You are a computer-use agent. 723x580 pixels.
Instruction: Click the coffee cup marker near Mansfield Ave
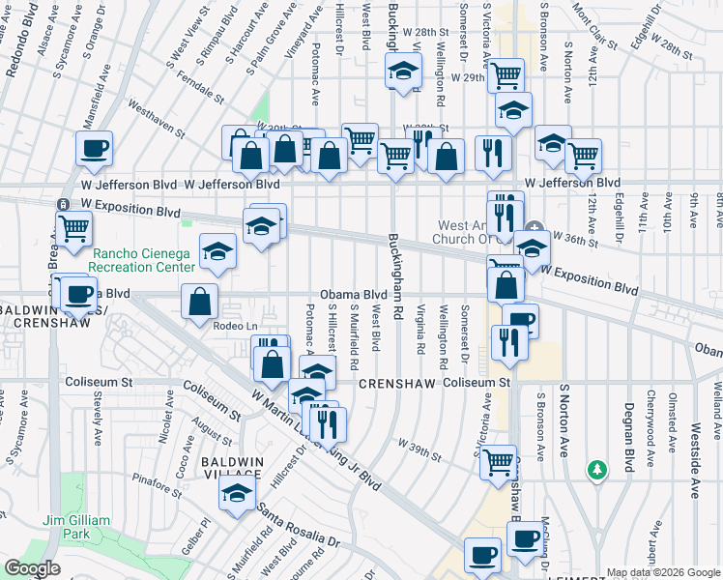(x=95, y=149)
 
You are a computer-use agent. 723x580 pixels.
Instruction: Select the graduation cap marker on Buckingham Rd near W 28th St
(x=404, y=70)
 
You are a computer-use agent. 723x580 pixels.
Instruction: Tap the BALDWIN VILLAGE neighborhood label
(x=232, y=469)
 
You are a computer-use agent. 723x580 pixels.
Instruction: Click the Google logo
(x=32, y=568)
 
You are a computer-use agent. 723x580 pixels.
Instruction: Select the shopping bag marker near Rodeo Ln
(x=198, y=302)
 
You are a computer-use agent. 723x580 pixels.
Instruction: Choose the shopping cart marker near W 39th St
(x=499, y=461)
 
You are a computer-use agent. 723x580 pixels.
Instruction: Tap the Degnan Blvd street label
(x=629, y=435)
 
